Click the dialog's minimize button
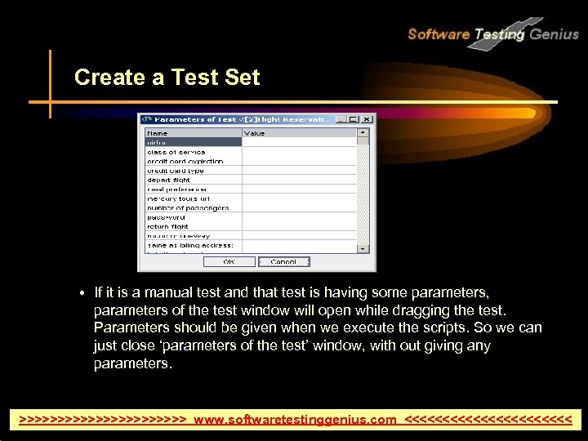(341, 119)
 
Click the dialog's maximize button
(354, 119)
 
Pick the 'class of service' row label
(176, 152)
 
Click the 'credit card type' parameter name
(176, 171)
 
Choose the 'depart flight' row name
(169, 180)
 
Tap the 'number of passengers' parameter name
(188, 207)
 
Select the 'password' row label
(166, 217)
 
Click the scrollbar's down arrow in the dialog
(363, 247)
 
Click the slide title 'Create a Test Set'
(167, 78)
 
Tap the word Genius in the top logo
(555, 34)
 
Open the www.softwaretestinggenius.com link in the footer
(295, 420)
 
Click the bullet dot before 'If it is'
(84, 292)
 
